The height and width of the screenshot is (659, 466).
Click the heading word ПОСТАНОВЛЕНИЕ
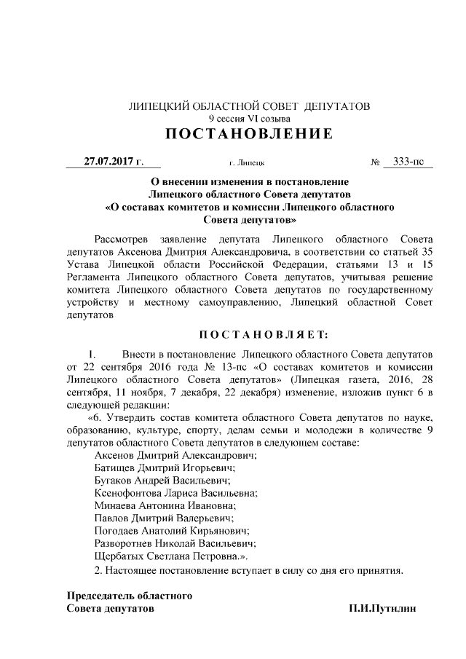249,134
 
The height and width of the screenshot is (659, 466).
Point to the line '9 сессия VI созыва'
249,118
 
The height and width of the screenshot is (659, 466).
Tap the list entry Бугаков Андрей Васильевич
163,480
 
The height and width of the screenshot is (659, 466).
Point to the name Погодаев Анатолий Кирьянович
172,530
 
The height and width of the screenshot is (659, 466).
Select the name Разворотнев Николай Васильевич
177,542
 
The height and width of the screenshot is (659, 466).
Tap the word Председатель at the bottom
100,596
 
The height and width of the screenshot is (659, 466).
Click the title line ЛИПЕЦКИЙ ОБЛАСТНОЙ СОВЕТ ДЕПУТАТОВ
249,106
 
